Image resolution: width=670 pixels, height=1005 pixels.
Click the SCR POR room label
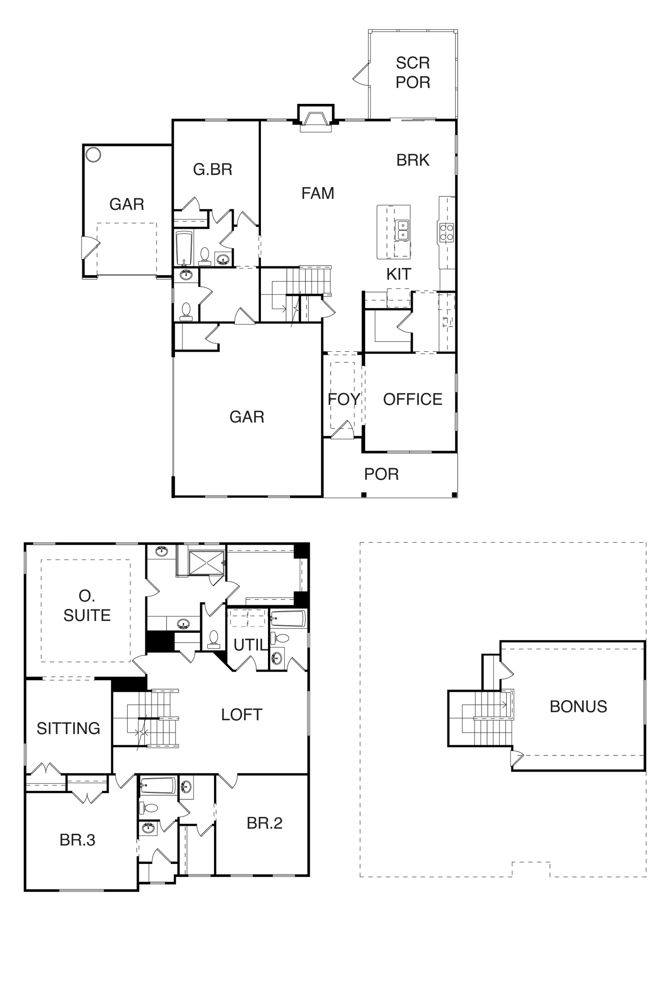pyautogui.click(x=413, y=72)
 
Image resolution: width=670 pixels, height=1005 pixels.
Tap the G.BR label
pyautogui.click(x=213, y=170)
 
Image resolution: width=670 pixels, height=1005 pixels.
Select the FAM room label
pyautogui.click(x=317, y=193)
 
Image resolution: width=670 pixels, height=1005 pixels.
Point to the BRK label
pyautogui.click(x=413, y=160)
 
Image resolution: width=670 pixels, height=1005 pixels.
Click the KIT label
pyautogui.click(x=399, y=274)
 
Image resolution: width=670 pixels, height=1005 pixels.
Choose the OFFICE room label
pyautogui.click(x=413, y=399)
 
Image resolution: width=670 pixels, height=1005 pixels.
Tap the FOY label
pyautogui.click(x=344, y=399)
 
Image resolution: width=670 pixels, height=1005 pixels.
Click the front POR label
pyautogui.click(x=381, y=474)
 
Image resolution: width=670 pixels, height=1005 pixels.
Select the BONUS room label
pyautogui.click(x=578, y=706)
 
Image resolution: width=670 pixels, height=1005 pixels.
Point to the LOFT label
pyautogui.click(x=242, y=714)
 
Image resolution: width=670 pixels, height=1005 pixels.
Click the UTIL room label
pyautogui.click(x=251, y=645)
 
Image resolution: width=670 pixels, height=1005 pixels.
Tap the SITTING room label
pyautogui.click(x=68, y=728)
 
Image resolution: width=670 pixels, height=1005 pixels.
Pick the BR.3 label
pyautogui.click(x=77, y=840)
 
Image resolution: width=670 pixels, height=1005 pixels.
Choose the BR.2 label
pyautogui.click(x=265, y=823)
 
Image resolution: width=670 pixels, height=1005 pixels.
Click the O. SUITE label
pyautogui.click(x=87, y=606)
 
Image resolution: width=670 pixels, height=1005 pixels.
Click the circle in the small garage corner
pyautogui.click(x=93, y=154)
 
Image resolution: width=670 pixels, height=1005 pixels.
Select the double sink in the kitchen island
pyautogui.click(x=402, y=230)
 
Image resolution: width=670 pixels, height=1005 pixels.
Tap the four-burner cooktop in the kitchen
pyautogui.click(x=446, y=232)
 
